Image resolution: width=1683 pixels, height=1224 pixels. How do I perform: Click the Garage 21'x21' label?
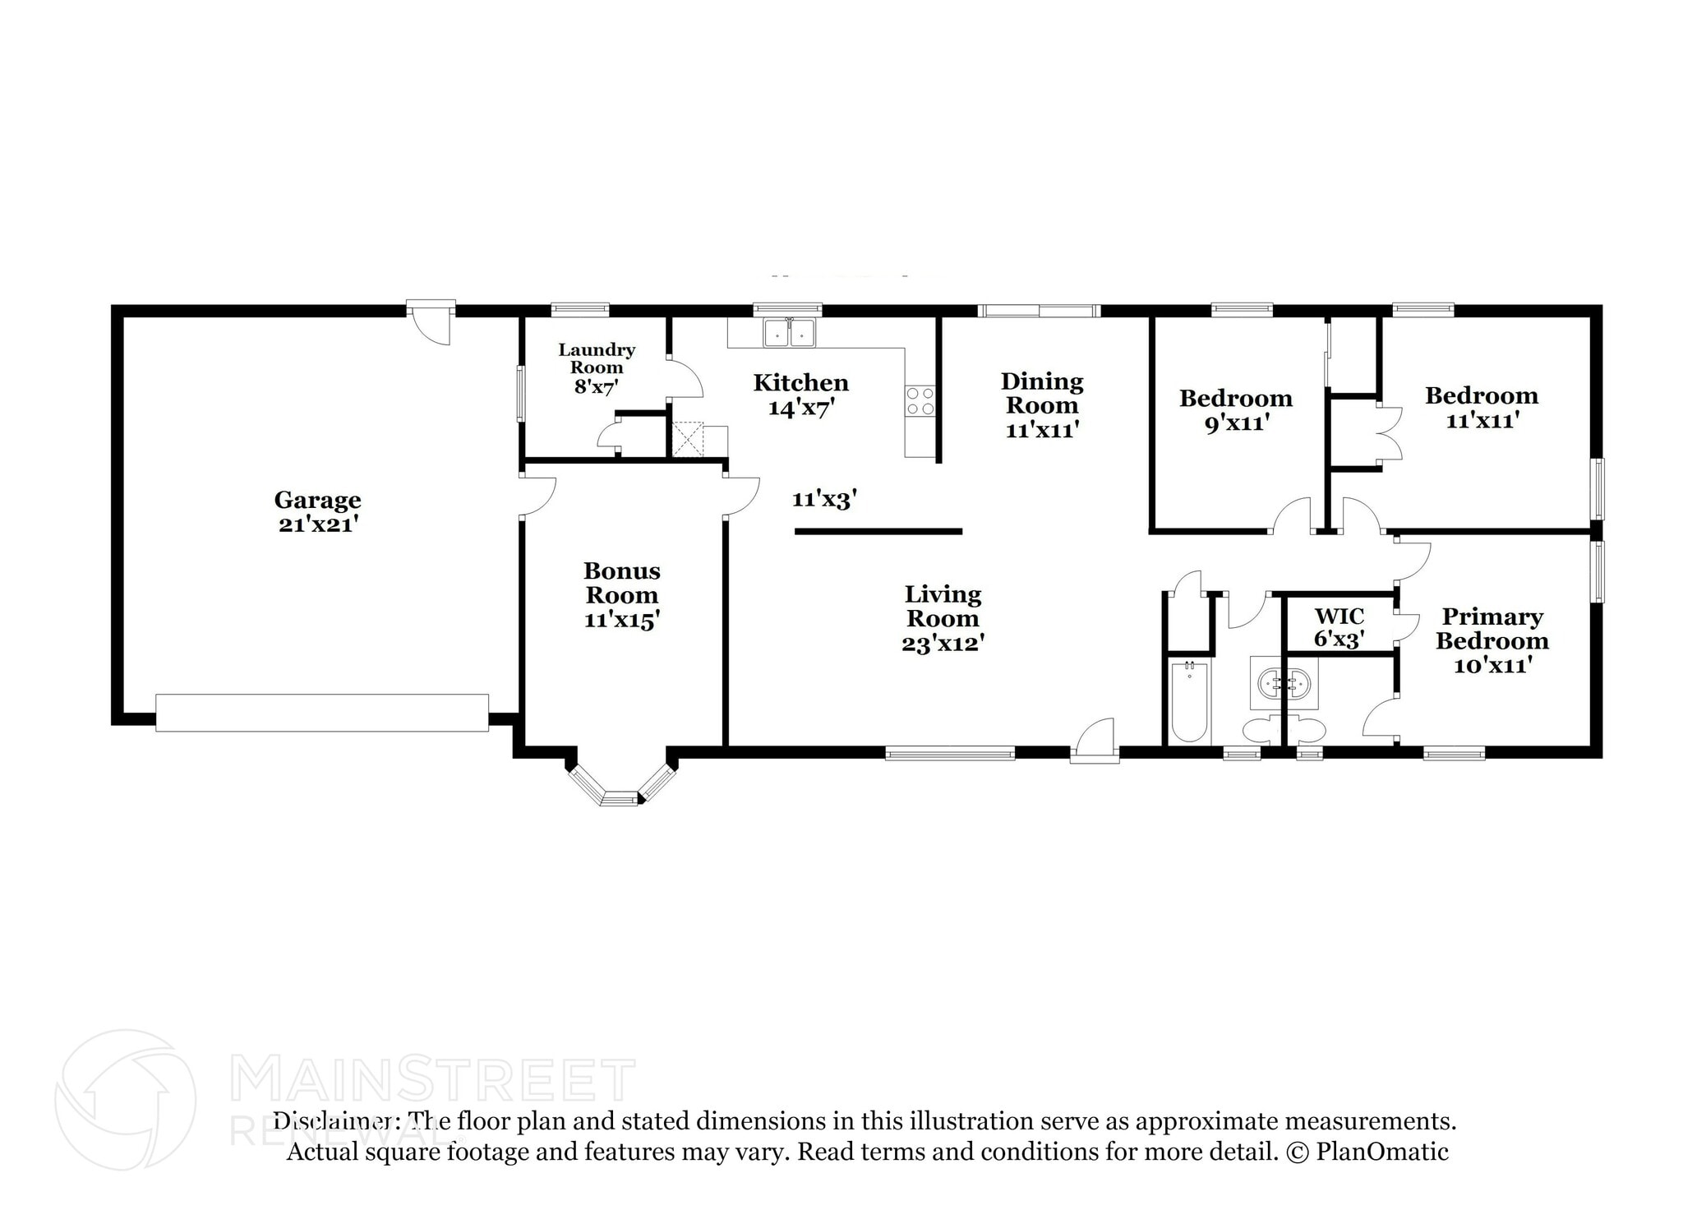317,511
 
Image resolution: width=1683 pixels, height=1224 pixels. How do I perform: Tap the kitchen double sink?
788,334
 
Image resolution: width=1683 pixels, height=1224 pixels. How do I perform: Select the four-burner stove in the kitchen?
920,401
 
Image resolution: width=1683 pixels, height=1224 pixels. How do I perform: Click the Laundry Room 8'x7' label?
597,367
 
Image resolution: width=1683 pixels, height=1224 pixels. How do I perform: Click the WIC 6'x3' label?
1339,627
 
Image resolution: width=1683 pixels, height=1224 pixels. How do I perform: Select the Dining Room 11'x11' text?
1041,404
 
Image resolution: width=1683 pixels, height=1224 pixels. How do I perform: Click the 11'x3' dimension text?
824,499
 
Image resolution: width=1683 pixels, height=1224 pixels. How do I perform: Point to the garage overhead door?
321,713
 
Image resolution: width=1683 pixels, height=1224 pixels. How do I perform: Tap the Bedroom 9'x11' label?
1235,410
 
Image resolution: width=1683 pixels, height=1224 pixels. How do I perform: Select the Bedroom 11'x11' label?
1481,408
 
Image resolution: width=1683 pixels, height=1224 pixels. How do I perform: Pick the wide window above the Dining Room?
1039,311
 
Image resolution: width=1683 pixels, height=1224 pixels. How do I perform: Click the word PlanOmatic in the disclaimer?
1381,1152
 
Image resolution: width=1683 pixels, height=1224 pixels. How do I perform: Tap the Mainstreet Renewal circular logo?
125,1099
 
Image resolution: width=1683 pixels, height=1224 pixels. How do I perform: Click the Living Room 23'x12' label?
943,618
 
